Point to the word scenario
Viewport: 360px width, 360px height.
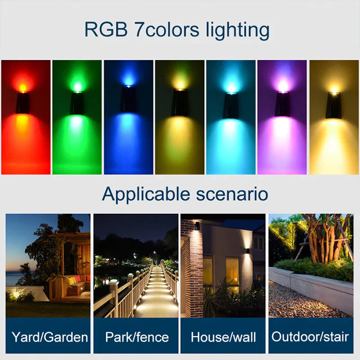pos(232,194)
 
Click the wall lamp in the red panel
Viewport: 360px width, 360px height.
pos(22,103)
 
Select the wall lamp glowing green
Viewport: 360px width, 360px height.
pos(77,103)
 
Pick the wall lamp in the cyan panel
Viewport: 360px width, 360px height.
pos(231,105)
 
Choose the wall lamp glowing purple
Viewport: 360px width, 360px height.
pos(283,104)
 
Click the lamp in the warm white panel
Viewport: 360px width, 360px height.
pos(333,105)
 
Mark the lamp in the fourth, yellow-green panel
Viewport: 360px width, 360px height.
pos(180,102)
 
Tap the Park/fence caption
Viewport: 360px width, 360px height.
pos(136,337)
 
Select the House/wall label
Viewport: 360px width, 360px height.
pos(223,337)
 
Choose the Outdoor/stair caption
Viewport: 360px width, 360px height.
pos(310,337)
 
